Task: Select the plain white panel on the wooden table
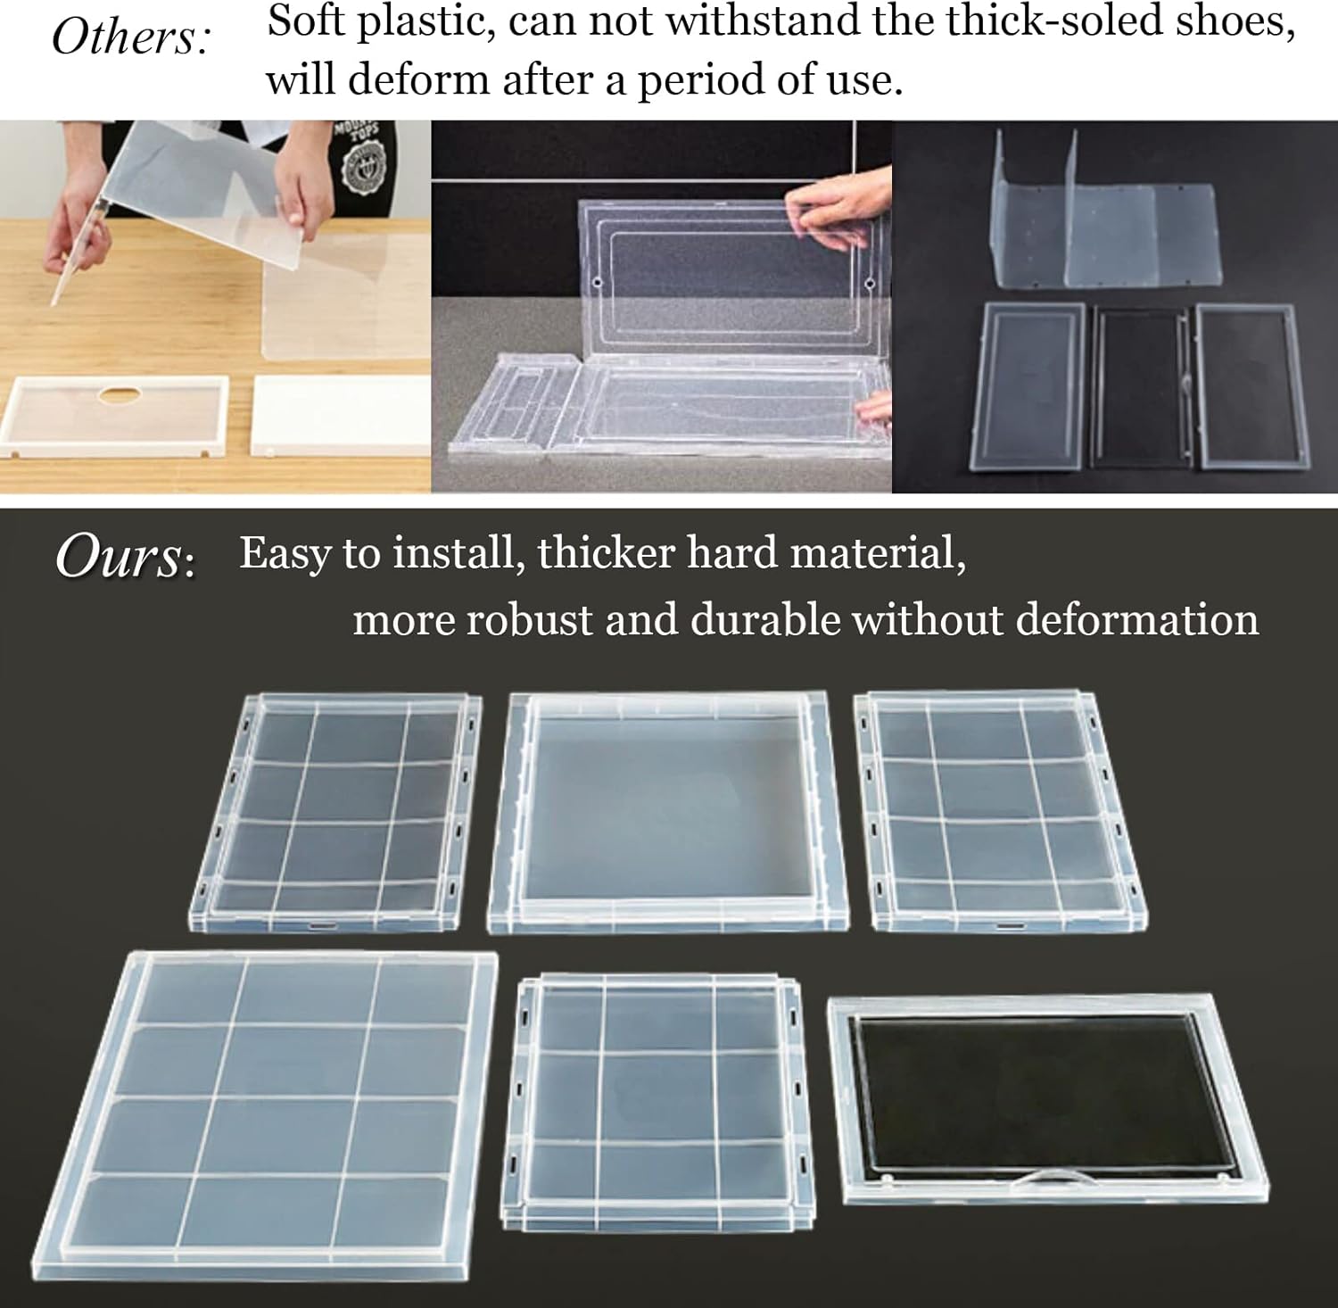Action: pos(329,415)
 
